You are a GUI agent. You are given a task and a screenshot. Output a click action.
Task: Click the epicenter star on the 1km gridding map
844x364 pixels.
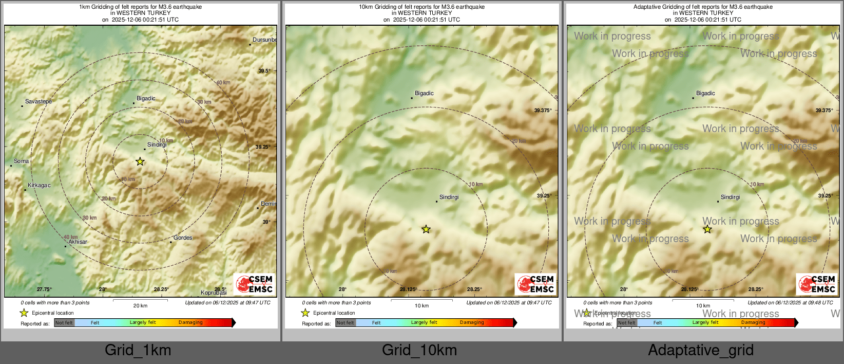click(x=140, y=161)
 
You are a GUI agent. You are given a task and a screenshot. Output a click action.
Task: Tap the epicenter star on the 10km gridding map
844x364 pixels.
click(x=426, y=229)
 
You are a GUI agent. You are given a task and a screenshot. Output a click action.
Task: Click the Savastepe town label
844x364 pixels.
click(x=38, y=102)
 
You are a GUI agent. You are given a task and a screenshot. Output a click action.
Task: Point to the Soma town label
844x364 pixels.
click(x=21, y=161)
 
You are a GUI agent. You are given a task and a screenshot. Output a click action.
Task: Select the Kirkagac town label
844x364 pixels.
click(x=39, y=186)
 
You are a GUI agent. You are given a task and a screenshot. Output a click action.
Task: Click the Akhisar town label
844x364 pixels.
click(x=78, y=242)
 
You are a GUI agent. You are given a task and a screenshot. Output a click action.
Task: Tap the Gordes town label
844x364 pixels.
click(x=183, y=238)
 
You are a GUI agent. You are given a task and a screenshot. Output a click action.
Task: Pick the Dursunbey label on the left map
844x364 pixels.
click(x=264, y=40)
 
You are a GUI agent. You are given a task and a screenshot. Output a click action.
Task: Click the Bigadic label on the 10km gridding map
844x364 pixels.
click(x=424, y=94)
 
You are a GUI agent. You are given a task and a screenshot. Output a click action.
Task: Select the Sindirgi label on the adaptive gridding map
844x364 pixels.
click(x=730, y=197)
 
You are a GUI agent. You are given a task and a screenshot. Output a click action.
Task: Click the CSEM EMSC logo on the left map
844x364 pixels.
click(x=255, y=284)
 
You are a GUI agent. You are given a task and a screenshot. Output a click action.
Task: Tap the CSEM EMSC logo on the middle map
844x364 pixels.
click(x=535, y=284)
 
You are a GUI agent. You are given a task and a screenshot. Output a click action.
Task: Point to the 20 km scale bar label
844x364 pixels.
click(x=140, y=306)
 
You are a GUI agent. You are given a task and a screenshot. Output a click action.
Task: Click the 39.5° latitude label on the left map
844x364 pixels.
click(x=264, y=71)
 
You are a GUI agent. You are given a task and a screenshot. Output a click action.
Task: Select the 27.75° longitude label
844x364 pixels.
click(x=44, y=289)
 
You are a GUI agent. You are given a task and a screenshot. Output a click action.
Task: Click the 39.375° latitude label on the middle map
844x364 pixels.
click(x=543, y=111)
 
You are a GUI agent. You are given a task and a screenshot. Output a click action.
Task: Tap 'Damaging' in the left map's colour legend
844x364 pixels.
click(x=190, y=323)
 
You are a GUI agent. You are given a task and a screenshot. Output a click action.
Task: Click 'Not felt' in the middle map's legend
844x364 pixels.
click(x=346, y=323)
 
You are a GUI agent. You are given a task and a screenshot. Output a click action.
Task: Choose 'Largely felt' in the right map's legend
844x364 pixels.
click(x=705, y=323)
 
